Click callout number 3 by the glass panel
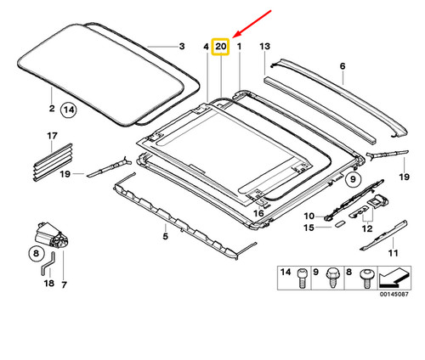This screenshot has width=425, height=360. [x=180, y=48]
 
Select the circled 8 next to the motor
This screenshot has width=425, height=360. [x=37, y=252]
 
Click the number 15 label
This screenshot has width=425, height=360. [x=309, y=229]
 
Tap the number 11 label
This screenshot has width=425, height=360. [x=392, y=253]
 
